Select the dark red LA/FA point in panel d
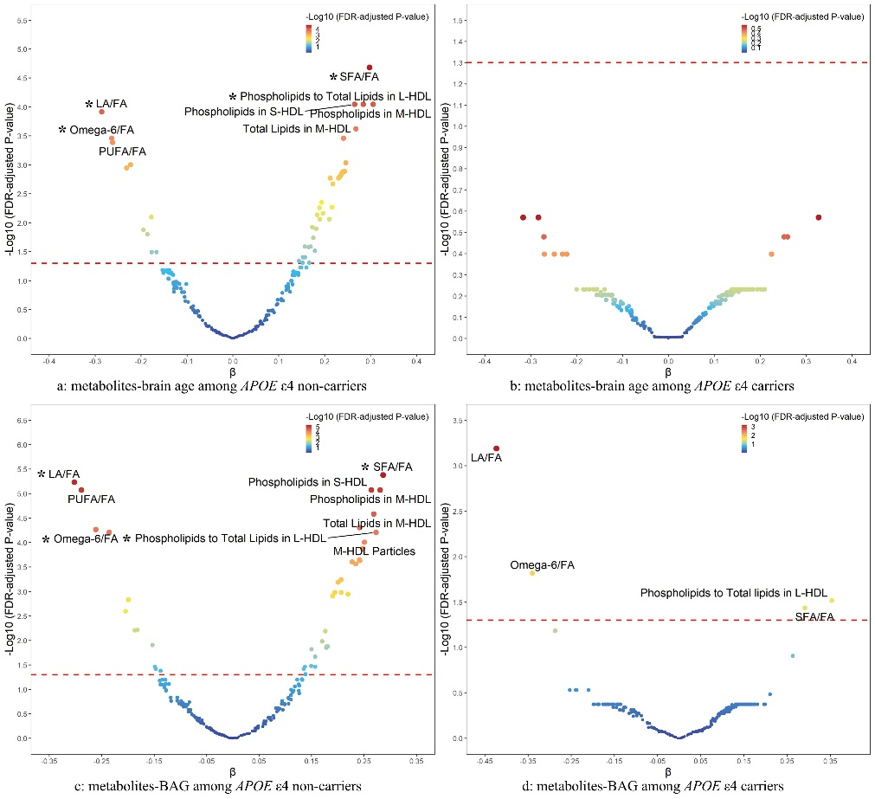pos(496,448)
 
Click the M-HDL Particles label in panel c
pos(375,551)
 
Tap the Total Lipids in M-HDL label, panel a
pos(293,130)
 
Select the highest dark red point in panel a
pos(370,68)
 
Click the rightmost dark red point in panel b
pos(819,217)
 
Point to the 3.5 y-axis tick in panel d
pos(458,422)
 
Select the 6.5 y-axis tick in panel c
pos(21,421)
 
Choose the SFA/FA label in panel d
pos(815,617)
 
